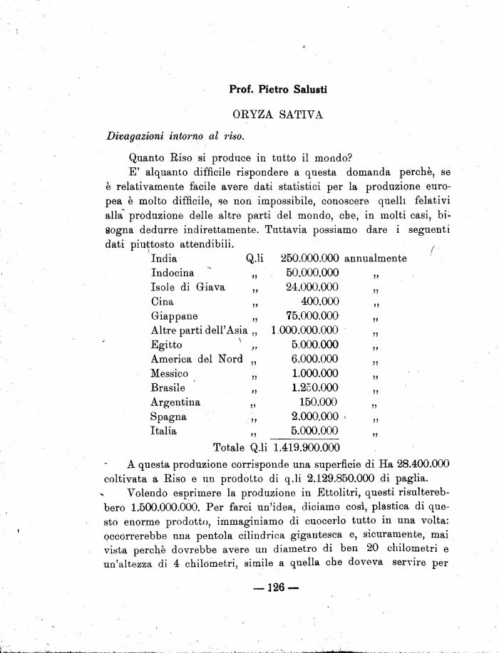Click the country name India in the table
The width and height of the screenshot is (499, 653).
(164, 258)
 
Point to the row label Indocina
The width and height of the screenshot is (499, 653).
(173, 273)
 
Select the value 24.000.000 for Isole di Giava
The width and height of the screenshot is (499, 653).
(312, 287)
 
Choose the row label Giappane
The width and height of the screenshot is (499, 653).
(175, 315)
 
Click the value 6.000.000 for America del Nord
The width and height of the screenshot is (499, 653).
(314, 359)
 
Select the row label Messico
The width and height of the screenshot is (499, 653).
(170, 373)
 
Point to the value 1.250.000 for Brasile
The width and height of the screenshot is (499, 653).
(314, 388)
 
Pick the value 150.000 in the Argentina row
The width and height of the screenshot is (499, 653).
(319, 402)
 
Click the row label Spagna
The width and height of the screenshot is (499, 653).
(169, 417)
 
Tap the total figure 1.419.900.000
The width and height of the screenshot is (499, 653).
(304, 447)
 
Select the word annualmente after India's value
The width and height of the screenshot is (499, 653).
(376, 258)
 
